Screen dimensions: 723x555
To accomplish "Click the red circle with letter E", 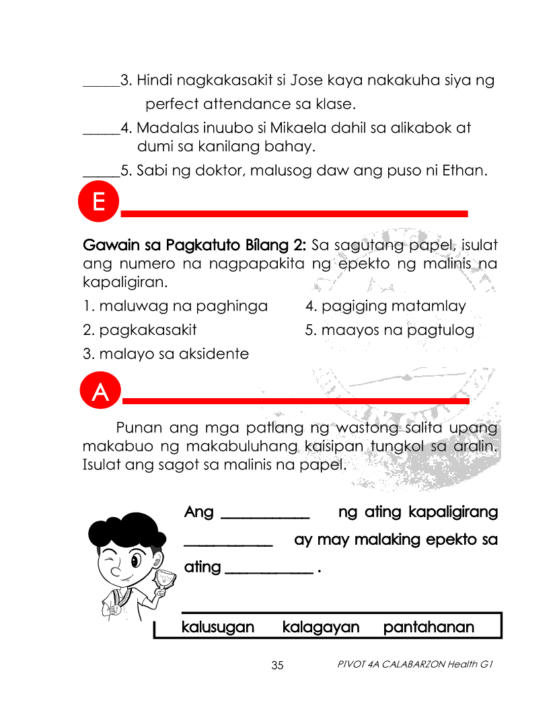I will pyautogui.click(x=98, y=202).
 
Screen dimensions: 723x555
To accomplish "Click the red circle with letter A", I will pyautogui.click(x=100, y=391).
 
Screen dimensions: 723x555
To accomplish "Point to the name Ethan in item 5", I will pyautogui.click(x=463, y=170).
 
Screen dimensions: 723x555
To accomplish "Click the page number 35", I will pyautogui.click(x=277, y=666).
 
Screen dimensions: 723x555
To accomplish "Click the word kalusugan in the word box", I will pyautogui.click(x=218, y=627).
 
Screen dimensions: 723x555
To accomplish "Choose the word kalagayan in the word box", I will pyautogui.click(x=321, y=627).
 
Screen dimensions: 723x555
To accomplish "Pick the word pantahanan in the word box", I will pyautogui.click(x=429, y=627).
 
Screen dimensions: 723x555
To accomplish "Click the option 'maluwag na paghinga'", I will pyautogui.click(x=175, y=307).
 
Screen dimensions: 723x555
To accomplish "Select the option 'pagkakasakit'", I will pyautogui.click(x=140, y=330).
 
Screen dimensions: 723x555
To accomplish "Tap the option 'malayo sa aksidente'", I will pyautogui.click(x=165, y=354).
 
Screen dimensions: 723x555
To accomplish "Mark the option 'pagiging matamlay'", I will pyautogui.click(x=385, y=307).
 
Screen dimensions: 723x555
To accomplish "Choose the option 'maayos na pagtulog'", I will pyautogui.click(x=390, y=330).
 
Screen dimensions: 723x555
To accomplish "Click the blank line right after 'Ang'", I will pyautogui.click(x=265, y=517).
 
